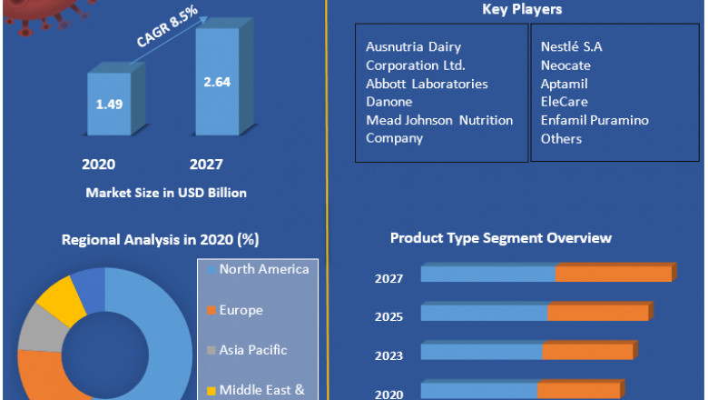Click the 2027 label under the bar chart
click(x=206, y=165)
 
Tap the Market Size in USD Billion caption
click(x=166, y=193)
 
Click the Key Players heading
click(x=522, y=10)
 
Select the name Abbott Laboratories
click(x=427, y=84)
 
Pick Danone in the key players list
click(x=388, y=102)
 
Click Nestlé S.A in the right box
click(x=571, y=47)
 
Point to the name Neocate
click(x=566, y=65)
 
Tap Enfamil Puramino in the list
click(x=595, y=120)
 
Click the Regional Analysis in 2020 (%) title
click(x=160, y=240)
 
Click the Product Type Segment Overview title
click(x=501, y=238)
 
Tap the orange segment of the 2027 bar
click(x=614, y=274)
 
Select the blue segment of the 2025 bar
click(x=484, y=313)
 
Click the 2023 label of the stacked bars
click(x=388, y=355)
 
